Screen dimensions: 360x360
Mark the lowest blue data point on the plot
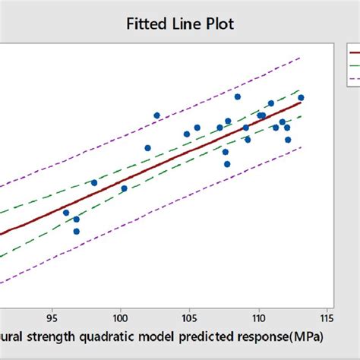coord(76,231)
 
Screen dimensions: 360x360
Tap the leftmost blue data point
coord(66,213)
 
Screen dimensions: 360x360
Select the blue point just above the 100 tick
coord(124,188)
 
